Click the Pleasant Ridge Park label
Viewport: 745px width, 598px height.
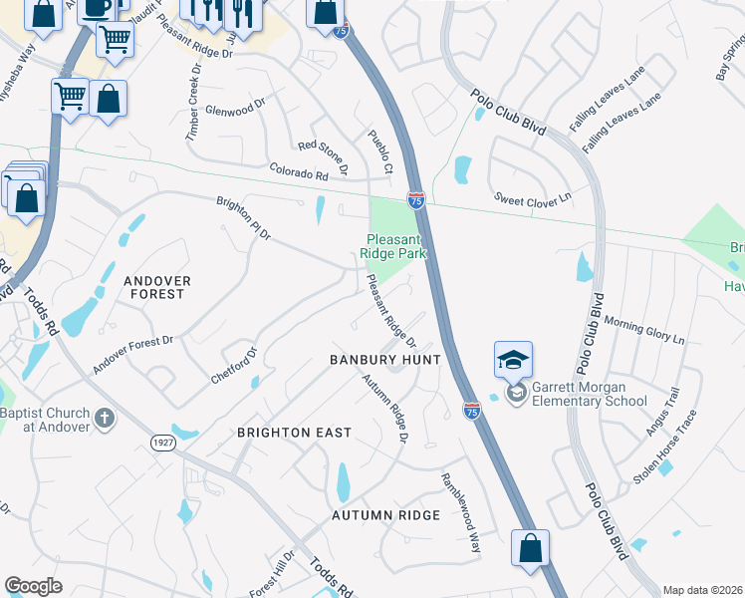(x=396, y=246)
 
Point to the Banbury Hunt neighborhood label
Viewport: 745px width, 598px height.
(x=385, y=359)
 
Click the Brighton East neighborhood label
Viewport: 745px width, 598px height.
(x=294, y=433)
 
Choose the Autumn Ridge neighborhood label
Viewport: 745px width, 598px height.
(x=385, y=515)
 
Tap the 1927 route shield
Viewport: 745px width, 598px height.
(x=163, y=442)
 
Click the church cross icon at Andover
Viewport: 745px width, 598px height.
(x=106, y=418)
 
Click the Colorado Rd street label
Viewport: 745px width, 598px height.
(x=298, y=171)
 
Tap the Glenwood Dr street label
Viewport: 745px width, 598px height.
(x=235, y=106)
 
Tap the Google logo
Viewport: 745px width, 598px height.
(x=33, y=586)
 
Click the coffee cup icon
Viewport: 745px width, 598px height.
(x=97, y=9)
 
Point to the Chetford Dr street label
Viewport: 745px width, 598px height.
(x=234, y=367)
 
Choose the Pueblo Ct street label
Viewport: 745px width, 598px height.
(x=380, y=151)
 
